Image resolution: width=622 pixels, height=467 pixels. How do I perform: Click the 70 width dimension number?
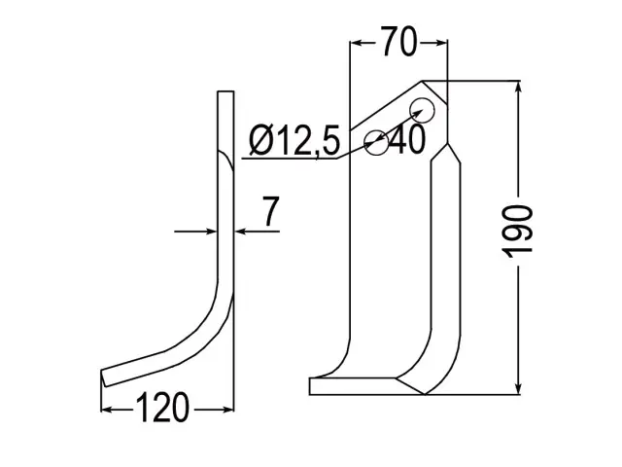tap(399, 41)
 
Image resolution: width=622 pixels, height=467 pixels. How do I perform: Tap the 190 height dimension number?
tap(517, 232)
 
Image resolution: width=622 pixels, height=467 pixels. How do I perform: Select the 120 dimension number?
tap(162, 408)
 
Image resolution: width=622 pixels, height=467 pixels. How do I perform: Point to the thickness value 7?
tap(271, 211)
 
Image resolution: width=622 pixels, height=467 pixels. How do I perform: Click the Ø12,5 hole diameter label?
tap(294, 140)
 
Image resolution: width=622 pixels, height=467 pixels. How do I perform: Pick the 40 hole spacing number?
tap(407, 140)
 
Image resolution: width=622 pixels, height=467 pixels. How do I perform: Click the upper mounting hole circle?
tap(422, 110)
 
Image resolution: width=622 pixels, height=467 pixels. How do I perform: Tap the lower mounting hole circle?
tap(376, 142)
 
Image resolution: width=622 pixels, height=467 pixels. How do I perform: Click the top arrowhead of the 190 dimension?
tap(518, 87)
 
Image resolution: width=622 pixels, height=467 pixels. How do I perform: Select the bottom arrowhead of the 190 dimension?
tap(518, 389)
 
